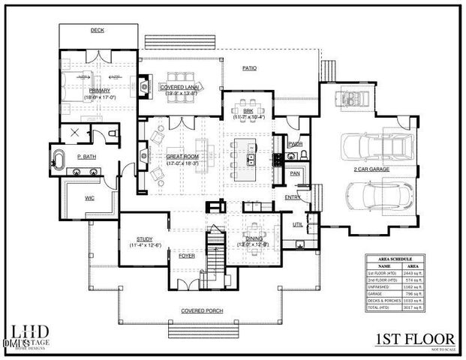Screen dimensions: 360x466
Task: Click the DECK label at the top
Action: coord(97,31)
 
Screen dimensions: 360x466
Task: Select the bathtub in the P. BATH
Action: coord(59,160)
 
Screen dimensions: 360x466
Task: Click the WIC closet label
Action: coord(89,199)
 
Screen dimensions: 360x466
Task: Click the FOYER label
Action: coord(187,256)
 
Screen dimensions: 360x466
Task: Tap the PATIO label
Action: coord(250,68)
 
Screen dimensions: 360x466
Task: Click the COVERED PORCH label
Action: coord(200,310)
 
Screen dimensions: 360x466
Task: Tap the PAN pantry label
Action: coord(296,173)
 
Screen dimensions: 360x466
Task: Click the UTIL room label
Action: coord(298,223)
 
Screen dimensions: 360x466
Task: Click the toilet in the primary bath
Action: coord(112,133)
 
